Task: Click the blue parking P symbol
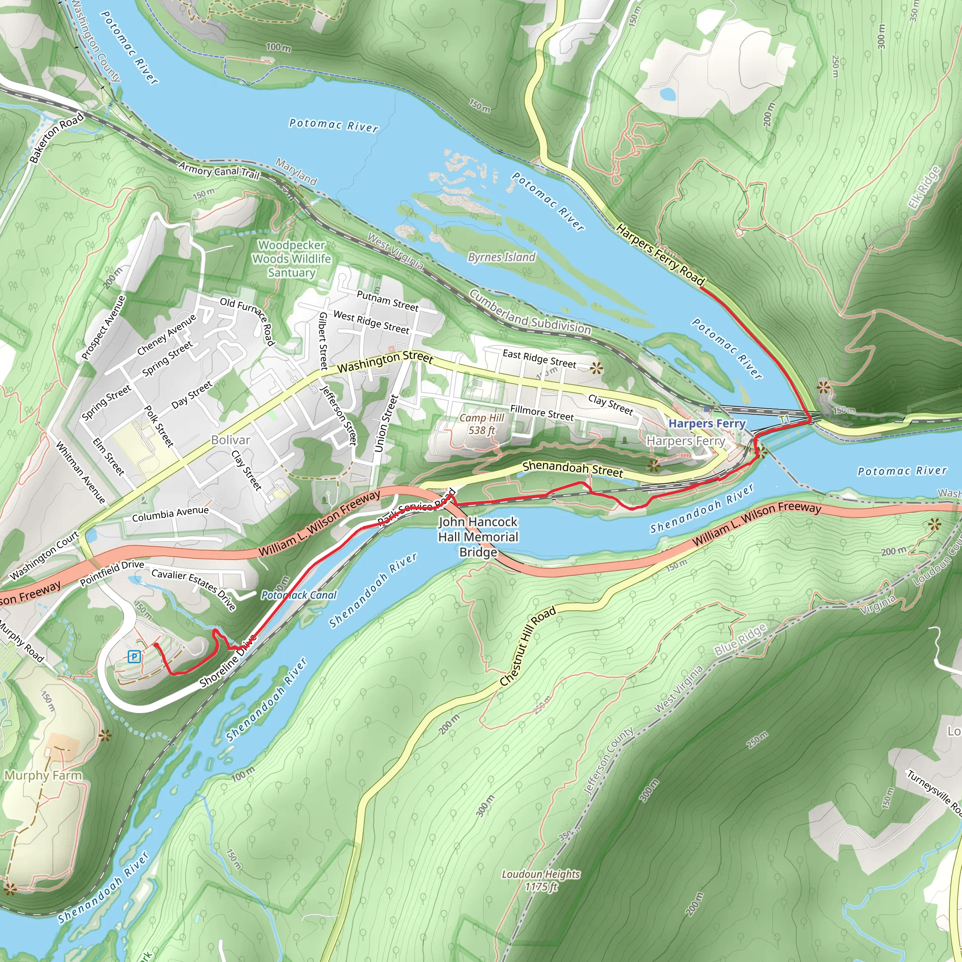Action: (133, 657)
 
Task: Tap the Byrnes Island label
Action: (501, 257)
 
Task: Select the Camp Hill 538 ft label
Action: (481, 424)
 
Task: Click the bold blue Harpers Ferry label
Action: (706, 424)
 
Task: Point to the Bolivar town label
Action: (230, 440)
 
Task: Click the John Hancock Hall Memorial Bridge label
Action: (478, 537)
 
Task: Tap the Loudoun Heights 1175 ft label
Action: (541, 880)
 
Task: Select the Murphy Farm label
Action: (43, 775)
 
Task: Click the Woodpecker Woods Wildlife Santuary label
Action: (292, 259)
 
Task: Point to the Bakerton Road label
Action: (56, 139)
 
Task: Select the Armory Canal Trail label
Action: (219, 171)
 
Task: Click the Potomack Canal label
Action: (299, 595)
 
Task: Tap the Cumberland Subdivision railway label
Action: (530, 313)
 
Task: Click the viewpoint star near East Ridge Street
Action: (596, 368)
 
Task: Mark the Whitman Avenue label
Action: (80, 472)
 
